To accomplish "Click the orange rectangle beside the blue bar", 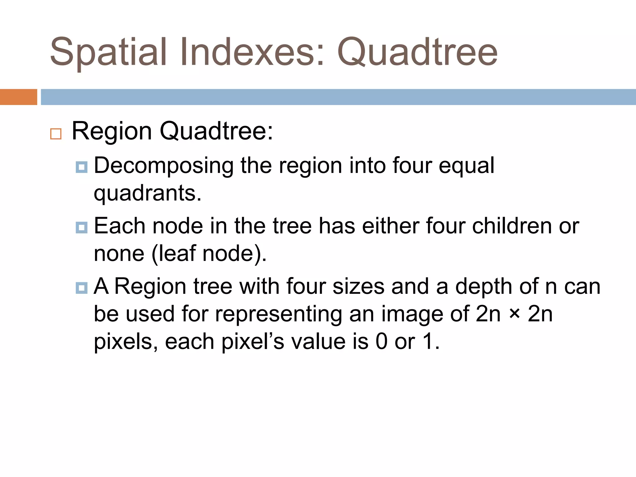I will coord(18,97).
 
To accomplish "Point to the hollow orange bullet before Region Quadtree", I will coord(56,134).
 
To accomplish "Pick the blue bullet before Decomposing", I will coord(81,167).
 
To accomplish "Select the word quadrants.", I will coord(148,193).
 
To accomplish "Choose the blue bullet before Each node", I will coord(81,227).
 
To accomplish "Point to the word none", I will coord(119,254).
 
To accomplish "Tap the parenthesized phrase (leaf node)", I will coord(209,254).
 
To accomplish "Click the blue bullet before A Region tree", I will coord(81,288).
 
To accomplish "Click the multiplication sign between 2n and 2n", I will coord(514,314).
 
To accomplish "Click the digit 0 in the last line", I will coord(381,342).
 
